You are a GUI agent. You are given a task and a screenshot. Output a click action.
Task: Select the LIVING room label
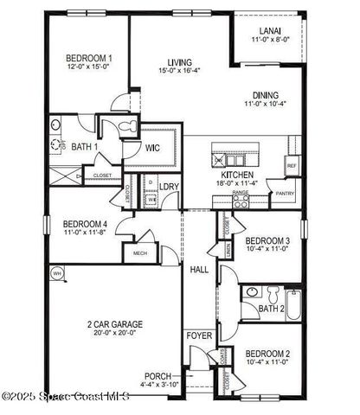pyautogui.click(x=180, y=61)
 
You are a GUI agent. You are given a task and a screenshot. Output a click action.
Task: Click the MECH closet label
pyautogui.click(x=139, y=253)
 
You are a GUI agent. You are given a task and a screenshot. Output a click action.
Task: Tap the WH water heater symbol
pyautogui.click(x=58, y=274)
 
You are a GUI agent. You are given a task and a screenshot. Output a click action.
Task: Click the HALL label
pyautogui.click(x=199, y=271)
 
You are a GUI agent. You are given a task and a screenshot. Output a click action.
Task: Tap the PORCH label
pyautogui.click(x=158, y=375)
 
